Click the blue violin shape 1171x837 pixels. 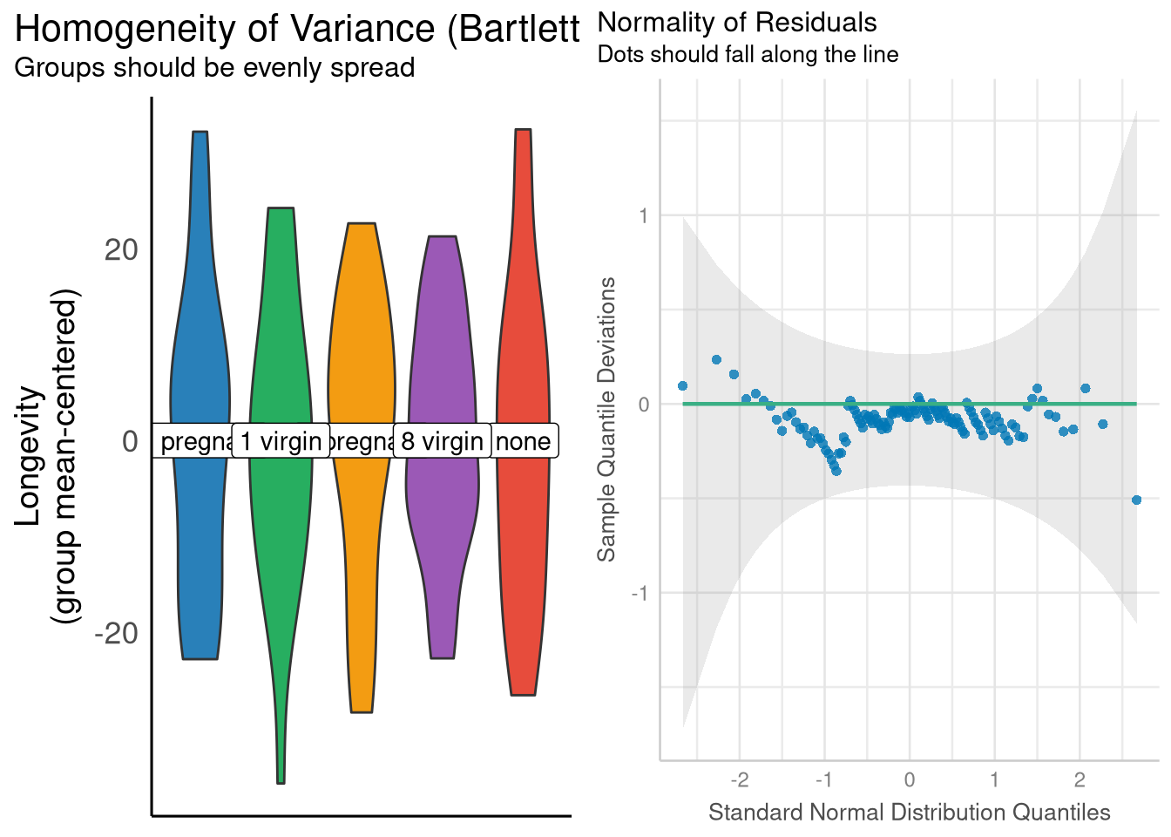(x=200, y=349)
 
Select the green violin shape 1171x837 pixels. (x=281, y=349)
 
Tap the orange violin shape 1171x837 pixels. (x=362, y=349)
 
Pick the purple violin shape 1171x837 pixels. (x=443, y=349)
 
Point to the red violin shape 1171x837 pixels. (x=523, y=349)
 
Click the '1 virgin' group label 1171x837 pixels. (x=281, y=441)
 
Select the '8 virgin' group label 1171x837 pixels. (x=442, y=441)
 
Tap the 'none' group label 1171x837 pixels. (x=523, y=441)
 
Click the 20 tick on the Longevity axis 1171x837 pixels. (x=121, y=250)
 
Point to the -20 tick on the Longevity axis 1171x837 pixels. (x=116, y=633)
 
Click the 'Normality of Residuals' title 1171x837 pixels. (x=737, y=22)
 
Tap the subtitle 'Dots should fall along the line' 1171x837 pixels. (x=748, y=54)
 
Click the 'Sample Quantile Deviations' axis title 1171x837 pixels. (x=606, y=419)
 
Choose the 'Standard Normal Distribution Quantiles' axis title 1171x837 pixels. (x=909, y=813)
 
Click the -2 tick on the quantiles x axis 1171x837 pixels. (x=739, y=779)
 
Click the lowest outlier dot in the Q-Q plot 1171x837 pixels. (x=1136, y=500)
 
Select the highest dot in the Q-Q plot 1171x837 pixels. (x=716, y=359)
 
